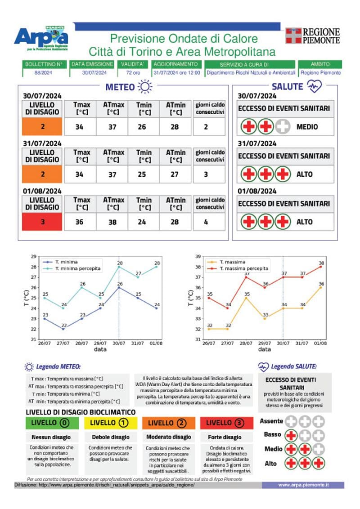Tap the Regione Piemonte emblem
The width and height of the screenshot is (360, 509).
coord(293,36)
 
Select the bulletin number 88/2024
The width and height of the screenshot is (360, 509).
coord(43,73)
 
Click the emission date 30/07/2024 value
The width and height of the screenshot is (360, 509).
coord(91,73)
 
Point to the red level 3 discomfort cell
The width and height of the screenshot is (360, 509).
coord(42,222)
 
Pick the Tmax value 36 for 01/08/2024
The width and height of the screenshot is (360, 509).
coord(79,222)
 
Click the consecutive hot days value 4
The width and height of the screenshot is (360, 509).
coord(206,222)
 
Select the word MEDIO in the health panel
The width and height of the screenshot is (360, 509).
coord(307,127)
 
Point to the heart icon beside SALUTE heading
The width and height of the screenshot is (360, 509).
coord(314,86)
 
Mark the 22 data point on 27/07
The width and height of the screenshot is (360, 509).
coord(63,329)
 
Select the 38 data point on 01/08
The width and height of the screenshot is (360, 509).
coord(321,267)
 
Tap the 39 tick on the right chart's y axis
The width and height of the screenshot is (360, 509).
coord(198,256)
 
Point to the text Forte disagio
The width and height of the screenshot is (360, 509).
coord(225,437)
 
